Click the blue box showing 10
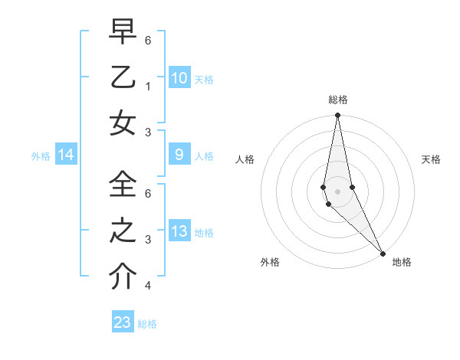tap(179, 78)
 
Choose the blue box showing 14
tap(66, 155)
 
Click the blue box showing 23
tap(123, 322)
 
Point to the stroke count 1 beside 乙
tap(147, 86)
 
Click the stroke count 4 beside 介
tap(147, 286)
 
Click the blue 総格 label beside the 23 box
tap(147, 324)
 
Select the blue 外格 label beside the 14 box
tap(41, 156)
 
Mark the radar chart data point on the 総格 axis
tap(337, 116)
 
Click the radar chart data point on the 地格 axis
tap(382, 253)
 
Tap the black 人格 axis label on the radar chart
tap(245, 159)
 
